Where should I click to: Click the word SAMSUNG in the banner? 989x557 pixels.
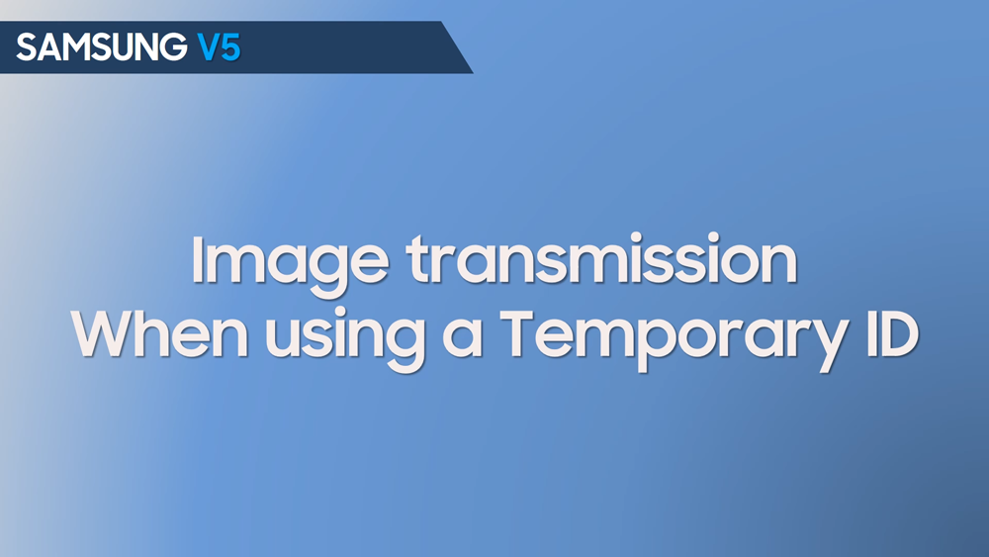point(101,46)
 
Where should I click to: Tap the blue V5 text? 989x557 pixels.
point(219,46)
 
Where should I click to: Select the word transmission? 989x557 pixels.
point(600,260)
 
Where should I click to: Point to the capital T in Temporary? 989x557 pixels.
point(519,334)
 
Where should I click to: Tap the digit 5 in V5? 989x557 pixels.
point(229,46)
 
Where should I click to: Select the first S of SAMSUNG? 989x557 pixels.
point(25,46)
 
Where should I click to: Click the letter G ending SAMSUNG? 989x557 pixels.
point(174,46)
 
